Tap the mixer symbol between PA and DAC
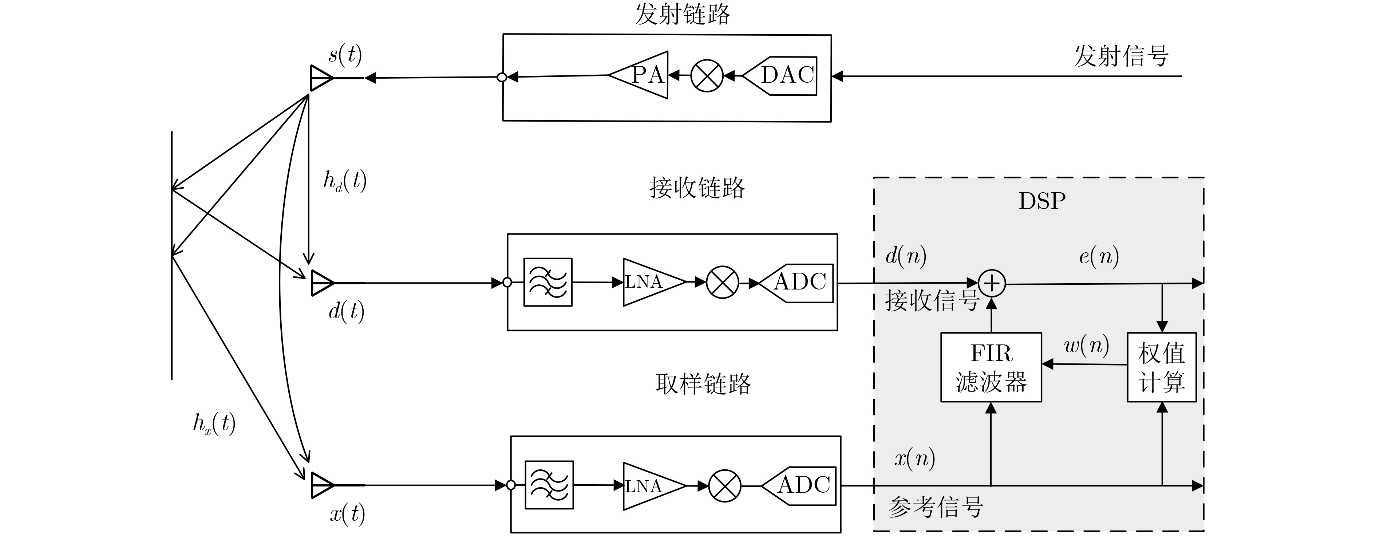(x=707, y=76)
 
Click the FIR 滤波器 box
(x=991, y=367)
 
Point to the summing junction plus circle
(x=992, y=283)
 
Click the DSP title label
(x=1041, y=201)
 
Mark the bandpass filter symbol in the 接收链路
(x=547, y=282)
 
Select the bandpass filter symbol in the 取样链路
(x=549, y=485)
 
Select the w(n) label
(x=1087, y=346)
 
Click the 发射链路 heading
(x=682, y=15)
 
